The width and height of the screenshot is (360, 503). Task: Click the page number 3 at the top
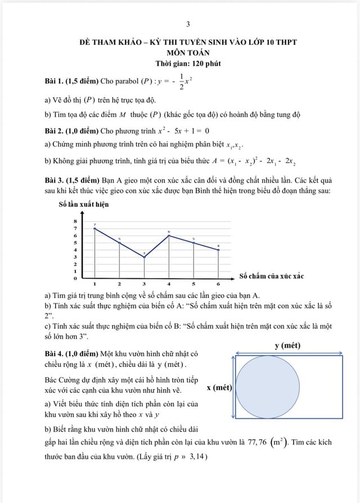point(187,24)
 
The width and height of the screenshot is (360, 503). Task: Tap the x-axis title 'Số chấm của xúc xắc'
point(271,276)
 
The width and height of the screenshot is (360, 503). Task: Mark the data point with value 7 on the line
point(94,228)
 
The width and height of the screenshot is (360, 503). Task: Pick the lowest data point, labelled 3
point(144,257)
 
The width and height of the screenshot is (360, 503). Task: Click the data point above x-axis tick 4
point(169,235)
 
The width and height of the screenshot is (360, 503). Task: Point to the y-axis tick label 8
point(75,221)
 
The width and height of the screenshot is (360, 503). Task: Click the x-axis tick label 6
point(218,284)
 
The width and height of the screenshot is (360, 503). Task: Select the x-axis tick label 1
point(94,284)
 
